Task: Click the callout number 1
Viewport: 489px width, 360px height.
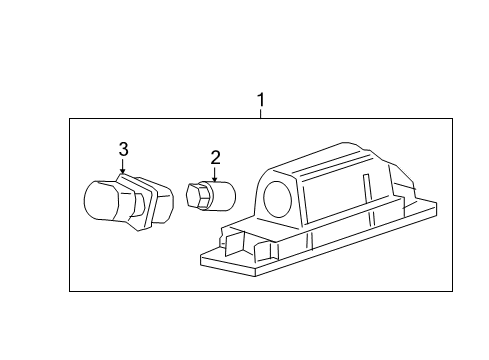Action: [261, 100]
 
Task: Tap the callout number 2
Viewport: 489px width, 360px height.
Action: [214, 156]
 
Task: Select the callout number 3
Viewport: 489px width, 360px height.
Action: [123, 149]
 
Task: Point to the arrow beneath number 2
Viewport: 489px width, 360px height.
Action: [214, 173]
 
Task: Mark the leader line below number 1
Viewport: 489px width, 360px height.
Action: [261, 114]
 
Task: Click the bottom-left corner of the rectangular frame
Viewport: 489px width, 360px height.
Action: [69, 291]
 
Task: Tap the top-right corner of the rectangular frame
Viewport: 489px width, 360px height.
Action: [453, 119]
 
